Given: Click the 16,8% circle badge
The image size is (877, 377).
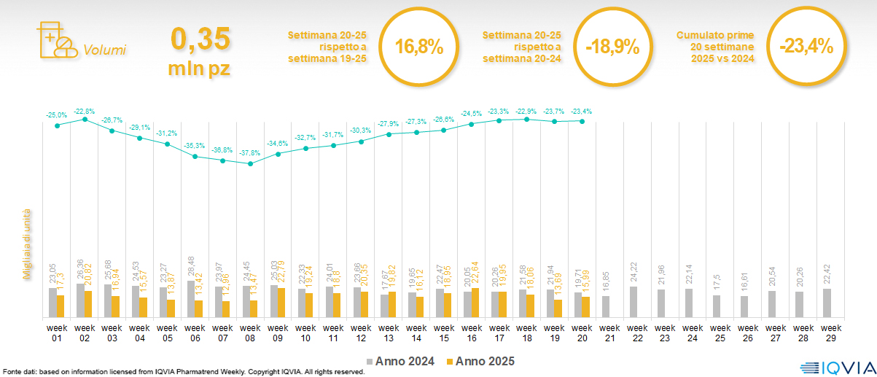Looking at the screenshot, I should point(419,47).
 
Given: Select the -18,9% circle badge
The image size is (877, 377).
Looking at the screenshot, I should point(612,47).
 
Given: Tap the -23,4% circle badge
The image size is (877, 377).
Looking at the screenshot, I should point(806,47).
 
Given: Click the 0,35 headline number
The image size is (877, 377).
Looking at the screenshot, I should point(200,38).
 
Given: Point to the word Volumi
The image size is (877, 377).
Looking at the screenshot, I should point(105,50).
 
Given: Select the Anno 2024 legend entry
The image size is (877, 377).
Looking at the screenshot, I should point(400,361).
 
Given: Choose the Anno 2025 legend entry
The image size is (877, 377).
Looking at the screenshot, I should point(480,361).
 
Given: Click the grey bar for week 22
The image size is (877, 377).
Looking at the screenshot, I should point(633,302).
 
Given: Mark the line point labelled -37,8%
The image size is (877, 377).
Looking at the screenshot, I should point(250,164).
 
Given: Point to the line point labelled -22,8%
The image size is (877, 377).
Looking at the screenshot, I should point(85,119).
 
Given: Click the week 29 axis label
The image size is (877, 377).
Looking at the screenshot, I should point(828,332).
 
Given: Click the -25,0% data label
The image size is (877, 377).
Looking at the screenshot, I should point(58,115).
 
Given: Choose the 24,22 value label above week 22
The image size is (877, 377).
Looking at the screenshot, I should point(633,273).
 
